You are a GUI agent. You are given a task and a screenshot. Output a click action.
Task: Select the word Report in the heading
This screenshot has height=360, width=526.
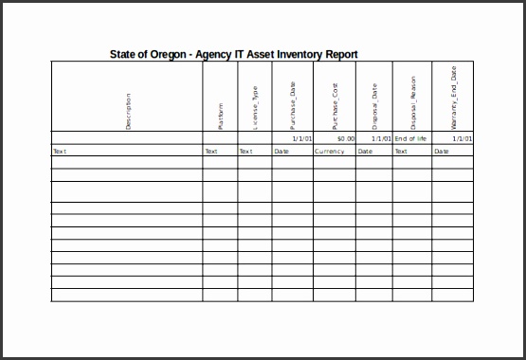(339, 54)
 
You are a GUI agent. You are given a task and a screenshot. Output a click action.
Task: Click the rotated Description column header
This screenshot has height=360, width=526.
(128, 111)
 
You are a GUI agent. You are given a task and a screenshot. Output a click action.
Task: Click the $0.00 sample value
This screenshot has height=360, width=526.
(345, 138)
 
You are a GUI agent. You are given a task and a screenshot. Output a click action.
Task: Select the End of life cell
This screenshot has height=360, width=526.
(411, 138)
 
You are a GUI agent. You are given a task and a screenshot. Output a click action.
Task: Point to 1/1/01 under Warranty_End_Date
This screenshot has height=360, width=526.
(462, 138)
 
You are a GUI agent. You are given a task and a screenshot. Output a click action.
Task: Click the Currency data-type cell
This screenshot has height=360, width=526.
(330, 151)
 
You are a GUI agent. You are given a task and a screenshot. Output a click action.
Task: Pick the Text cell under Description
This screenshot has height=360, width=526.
(60, 151)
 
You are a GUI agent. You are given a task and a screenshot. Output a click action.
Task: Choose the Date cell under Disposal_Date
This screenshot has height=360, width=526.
(365, 151)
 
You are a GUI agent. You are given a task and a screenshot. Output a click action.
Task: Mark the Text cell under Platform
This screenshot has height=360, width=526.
(211, 151)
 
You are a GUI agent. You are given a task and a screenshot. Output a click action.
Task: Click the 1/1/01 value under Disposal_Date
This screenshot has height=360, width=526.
(381, 138)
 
